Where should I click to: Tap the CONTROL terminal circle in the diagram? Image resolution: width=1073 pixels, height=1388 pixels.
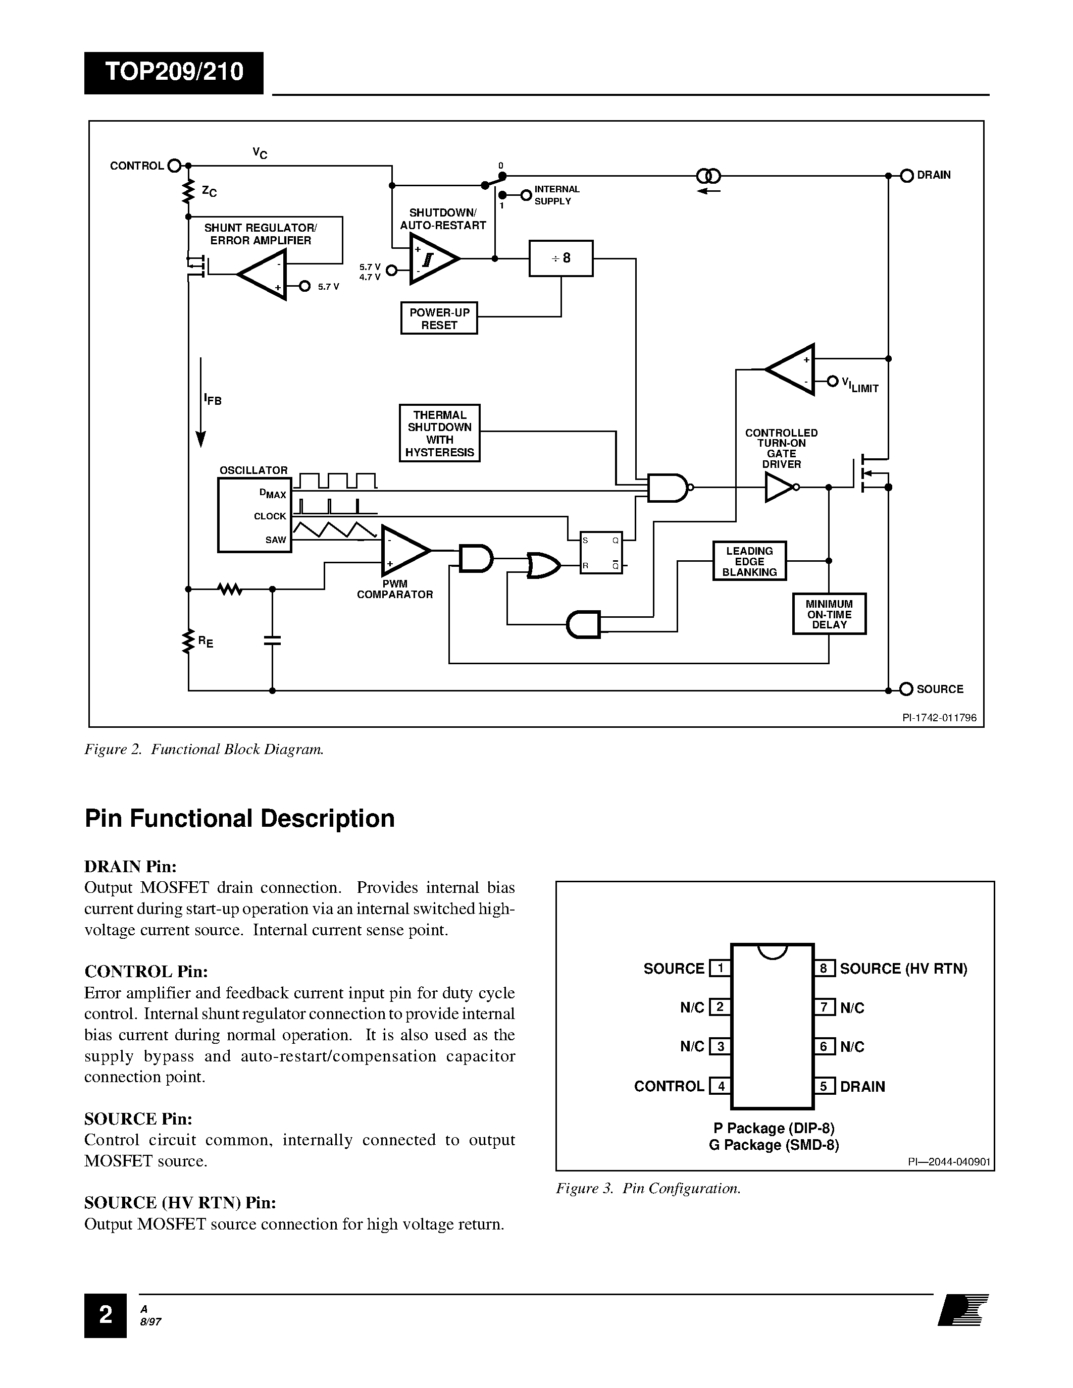[x=174, y=166]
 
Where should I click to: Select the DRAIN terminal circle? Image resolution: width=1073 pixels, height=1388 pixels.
[x=907, y=176]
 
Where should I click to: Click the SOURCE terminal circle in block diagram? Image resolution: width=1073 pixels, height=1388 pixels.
[x=906, y=689]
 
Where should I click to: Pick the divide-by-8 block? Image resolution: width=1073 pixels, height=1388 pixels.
[x=560, y=258]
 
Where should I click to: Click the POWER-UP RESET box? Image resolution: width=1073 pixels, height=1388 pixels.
[x=439, y=318]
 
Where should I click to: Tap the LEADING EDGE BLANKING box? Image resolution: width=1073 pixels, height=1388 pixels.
[x=749, y=561]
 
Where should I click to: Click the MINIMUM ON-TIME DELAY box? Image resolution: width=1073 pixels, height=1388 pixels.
[x=829, y=614]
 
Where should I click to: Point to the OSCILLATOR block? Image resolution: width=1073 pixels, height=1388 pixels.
[x=254, y=515]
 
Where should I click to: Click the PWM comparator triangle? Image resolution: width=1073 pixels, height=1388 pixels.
[x=403, y=550]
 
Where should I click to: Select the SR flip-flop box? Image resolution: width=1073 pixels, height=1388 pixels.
[x=601, y=552]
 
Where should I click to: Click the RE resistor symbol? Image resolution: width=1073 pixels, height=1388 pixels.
[x=188, y=642]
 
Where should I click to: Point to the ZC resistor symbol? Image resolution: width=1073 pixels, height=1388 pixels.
[x=188, y=191]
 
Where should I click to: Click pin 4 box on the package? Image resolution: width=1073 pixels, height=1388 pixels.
[x=720, y=1086]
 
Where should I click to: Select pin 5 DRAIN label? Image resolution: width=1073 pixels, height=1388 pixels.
[x=862, y=1086]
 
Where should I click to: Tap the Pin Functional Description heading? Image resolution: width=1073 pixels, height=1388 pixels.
[x=240, y=819]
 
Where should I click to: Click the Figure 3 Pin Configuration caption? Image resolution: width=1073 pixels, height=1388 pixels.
[x=648, y=1189]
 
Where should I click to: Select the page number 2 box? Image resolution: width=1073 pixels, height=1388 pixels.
[x=105, y=1315]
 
